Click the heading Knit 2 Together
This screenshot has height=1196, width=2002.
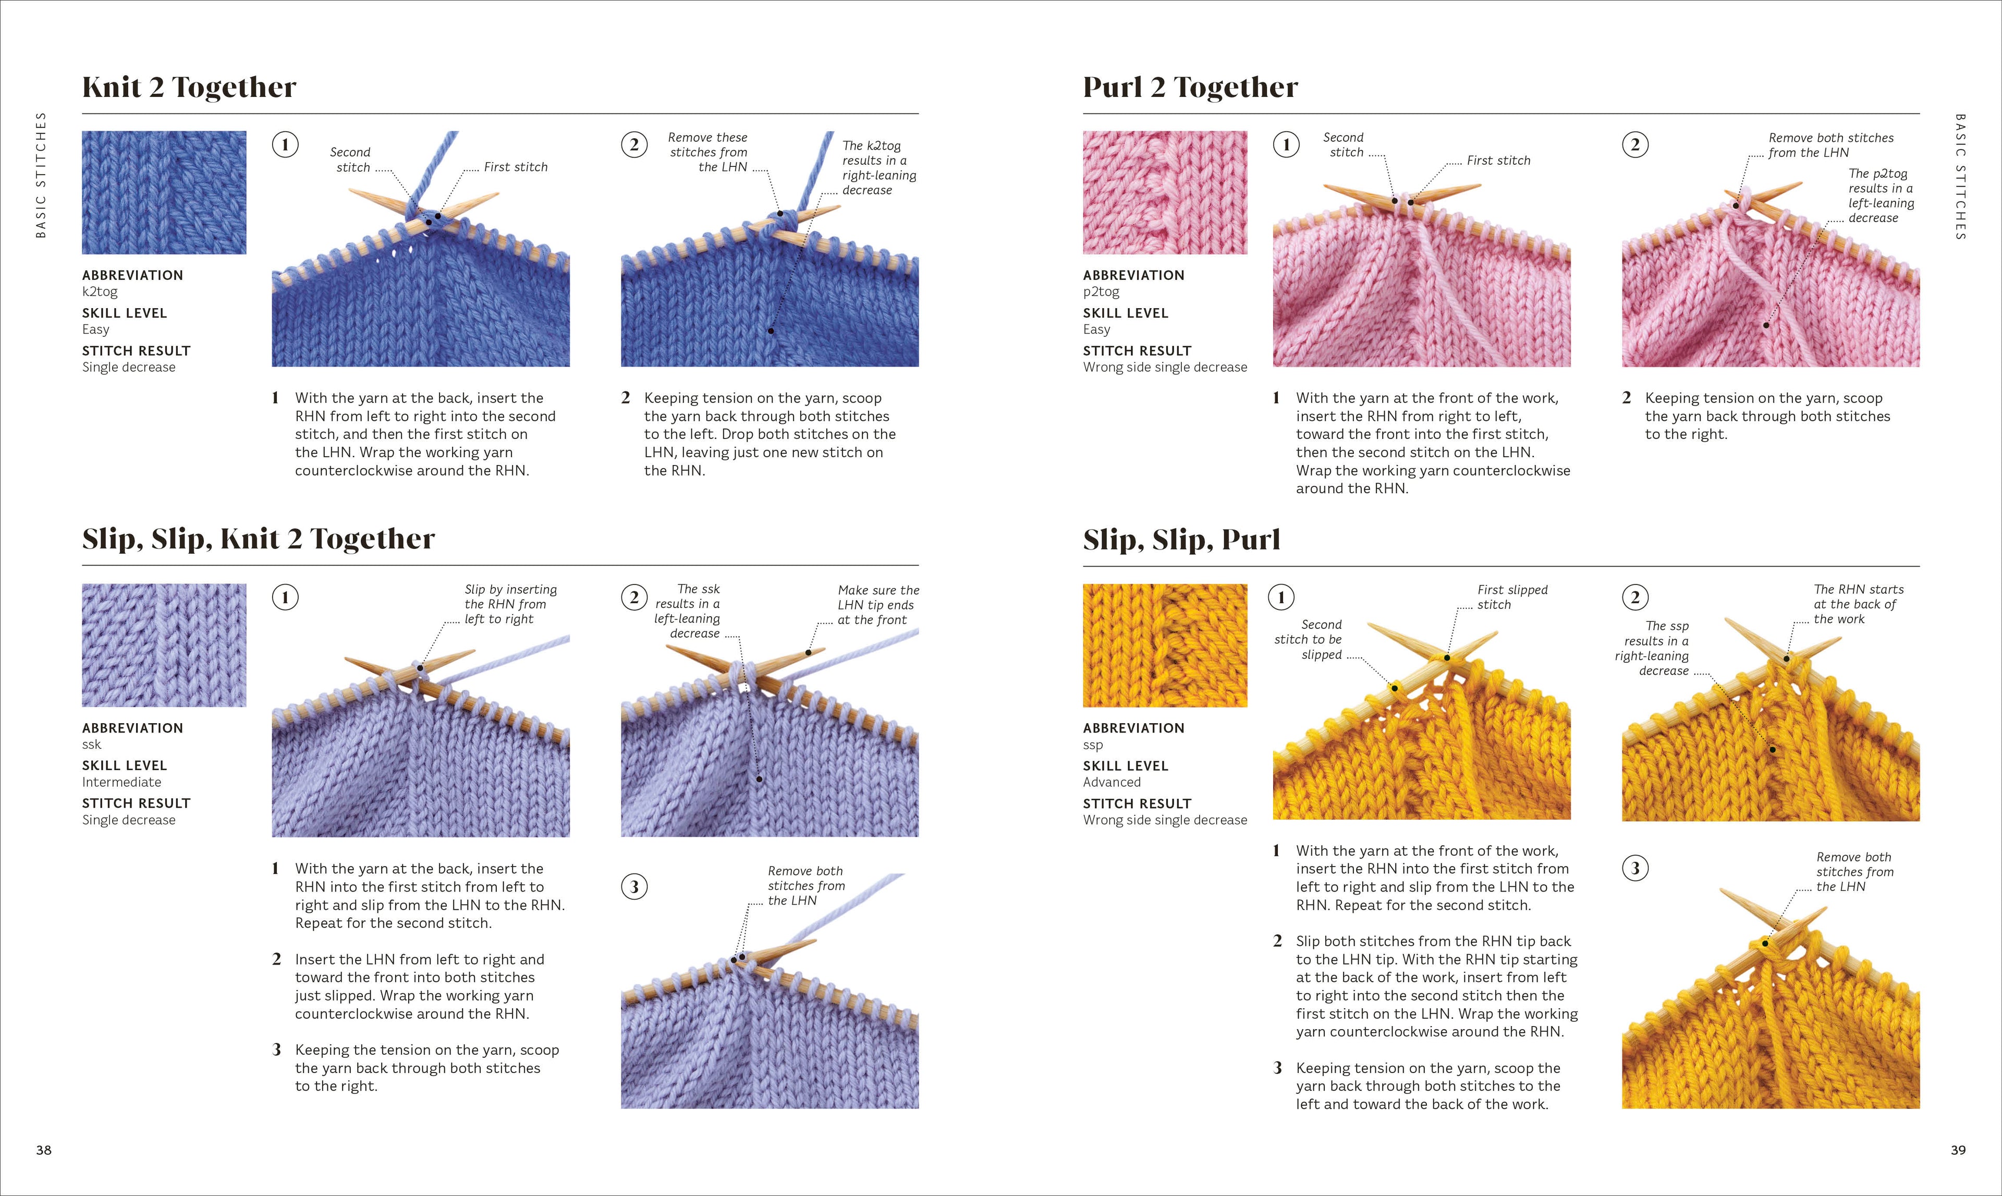pos(189,87)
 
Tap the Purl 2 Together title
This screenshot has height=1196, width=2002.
pos(1190,87)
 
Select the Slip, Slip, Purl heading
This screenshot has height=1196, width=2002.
pos(1181,539)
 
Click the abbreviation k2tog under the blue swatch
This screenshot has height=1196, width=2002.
pos(100,292)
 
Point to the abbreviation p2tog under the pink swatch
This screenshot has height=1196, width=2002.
pos(1101,292)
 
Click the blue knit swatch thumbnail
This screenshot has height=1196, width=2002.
pos(164,192)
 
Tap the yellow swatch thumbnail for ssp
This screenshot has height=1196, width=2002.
pos(1165,645)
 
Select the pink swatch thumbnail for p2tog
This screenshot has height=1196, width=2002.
pos(1165,192)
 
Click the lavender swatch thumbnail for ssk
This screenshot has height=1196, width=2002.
pos(164,645)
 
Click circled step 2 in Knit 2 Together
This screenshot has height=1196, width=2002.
pos(634,145)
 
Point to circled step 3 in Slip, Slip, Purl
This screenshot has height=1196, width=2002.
pos(1635,868)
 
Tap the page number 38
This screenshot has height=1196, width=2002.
pos(43,1150)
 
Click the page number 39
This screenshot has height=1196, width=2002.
pos(1958,1150)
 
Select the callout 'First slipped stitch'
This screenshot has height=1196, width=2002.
pos(1512,597)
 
